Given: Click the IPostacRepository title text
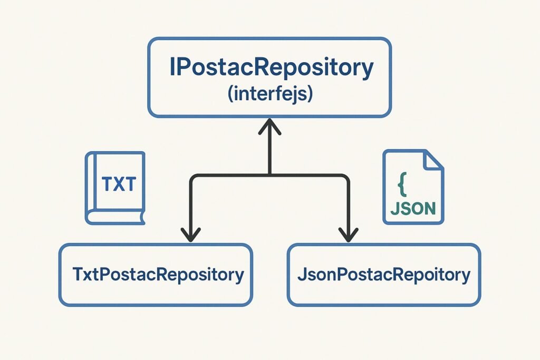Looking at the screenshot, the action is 272,68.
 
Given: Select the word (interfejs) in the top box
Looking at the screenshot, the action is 271,93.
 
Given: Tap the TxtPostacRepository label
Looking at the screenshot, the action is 158,274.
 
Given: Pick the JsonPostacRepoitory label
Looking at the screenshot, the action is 384,274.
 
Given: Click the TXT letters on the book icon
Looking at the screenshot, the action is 119,184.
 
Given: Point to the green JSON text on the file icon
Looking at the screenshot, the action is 413,208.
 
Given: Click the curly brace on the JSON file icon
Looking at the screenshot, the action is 402,184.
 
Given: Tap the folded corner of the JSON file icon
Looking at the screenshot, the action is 433,160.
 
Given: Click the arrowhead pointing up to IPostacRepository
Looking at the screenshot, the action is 269,126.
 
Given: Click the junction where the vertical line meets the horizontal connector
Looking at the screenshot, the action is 269,176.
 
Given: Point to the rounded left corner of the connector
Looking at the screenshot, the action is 192,178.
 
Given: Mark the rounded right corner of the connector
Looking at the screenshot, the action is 347,178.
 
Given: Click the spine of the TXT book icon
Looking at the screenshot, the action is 91,184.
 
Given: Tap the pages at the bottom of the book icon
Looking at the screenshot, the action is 115,217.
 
